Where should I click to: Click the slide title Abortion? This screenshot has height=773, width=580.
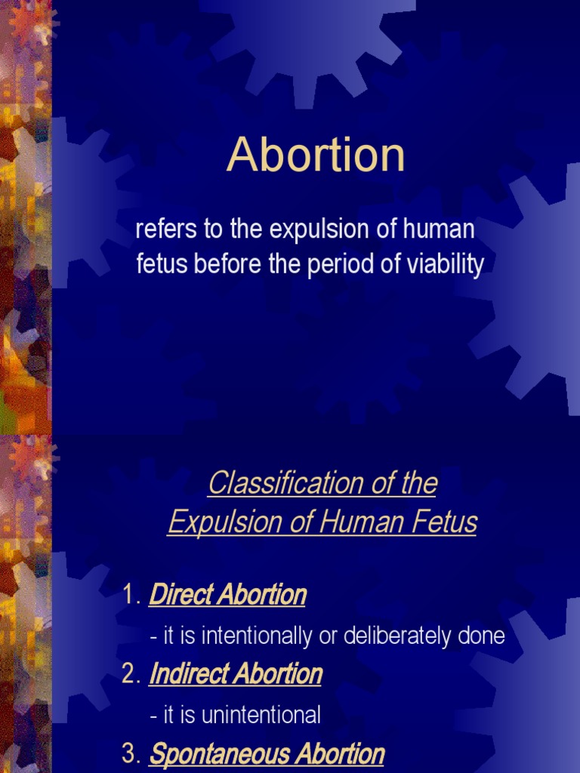click(316, 156)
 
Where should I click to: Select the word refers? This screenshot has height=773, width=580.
click(159, 229)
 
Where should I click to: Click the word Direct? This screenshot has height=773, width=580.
click(179, 596)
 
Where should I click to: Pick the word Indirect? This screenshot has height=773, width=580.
click(187, 674)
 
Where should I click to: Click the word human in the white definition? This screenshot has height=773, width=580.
click(440, 229)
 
